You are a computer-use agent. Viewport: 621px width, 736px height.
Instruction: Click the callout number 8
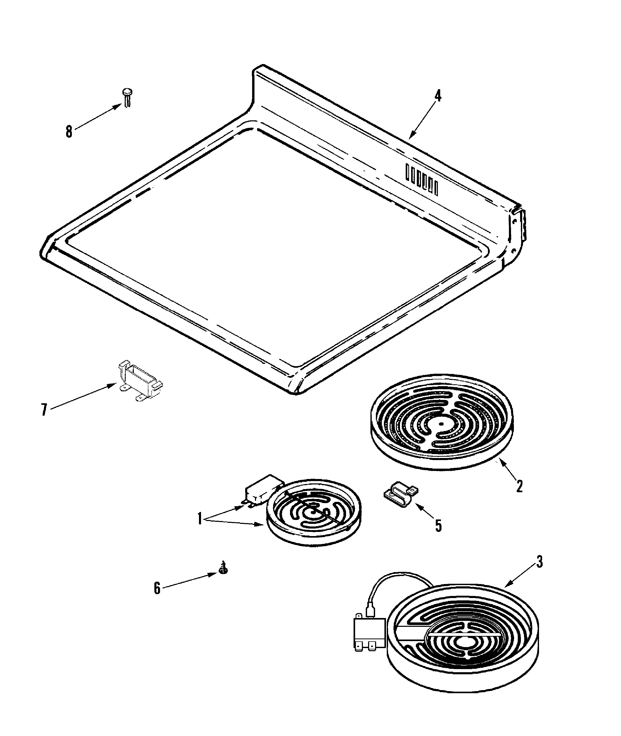coord(69,132)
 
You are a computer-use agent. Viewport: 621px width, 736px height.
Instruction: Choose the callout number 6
coord(157,588)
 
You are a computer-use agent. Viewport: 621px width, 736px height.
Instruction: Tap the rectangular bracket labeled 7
coord(140,380)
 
